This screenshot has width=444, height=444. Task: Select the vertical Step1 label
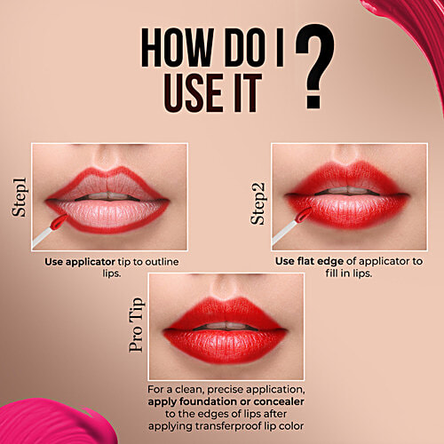tap(20, 197)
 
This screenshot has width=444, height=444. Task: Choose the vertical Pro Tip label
tap(137, 323)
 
